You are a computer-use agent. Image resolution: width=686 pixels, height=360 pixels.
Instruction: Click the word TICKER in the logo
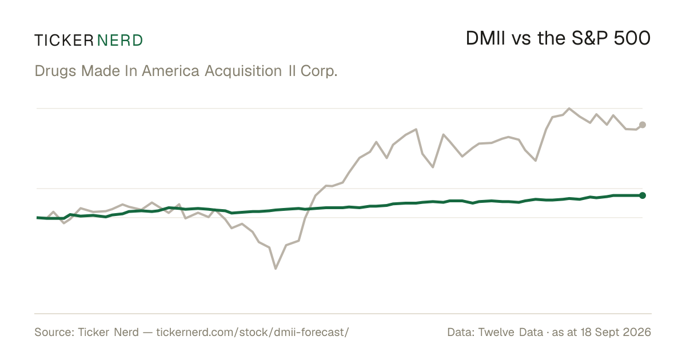(64, 41)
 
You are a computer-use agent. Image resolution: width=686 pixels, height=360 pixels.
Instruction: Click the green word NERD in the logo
(120, 41)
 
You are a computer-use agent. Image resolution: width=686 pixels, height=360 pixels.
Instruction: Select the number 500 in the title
(632, 38)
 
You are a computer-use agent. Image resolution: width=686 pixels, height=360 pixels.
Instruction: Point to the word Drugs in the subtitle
(55, 71)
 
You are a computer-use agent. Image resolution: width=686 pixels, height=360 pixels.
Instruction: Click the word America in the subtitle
(170, 71)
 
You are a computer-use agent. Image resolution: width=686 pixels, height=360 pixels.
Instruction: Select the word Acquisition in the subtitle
(243, 71)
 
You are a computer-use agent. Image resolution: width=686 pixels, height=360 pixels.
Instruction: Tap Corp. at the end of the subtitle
(319, 71)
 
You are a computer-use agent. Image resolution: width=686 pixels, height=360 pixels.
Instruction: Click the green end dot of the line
(643, 195)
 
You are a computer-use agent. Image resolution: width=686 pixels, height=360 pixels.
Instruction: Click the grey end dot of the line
(643, 125)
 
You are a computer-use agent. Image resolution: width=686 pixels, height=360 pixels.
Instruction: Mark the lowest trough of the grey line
(276, 269)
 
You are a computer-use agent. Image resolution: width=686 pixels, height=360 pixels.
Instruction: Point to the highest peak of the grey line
(569, 109)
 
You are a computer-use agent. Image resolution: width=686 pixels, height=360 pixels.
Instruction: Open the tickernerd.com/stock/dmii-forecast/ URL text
(252, 333)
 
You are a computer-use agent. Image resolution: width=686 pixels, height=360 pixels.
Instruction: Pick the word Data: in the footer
(461, 332)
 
